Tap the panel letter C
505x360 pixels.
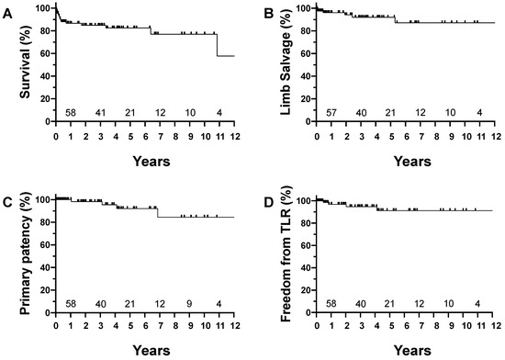[8, 195]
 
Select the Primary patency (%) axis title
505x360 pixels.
[13, 252]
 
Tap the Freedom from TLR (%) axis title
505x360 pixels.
[273, 252]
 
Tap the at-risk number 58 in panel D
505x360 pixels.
[331, 303]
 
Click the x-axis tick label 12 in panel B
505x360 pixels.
[494, 140]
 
